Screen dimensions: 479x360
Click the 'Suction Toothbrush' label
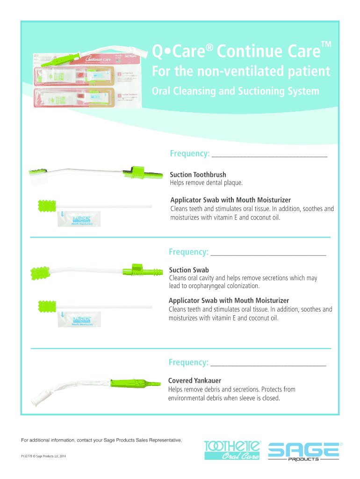pyautogui.click(x=198, y=175)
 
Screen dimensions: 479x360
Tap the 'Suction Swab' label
pyautogui.click(x=189, y=270)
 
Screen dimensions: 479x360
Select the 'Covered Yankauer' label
pyautogui.click(x=194, y=381)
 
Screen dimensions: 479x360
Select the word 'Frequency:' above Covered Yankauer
pyautogui.click(x=188, y=363)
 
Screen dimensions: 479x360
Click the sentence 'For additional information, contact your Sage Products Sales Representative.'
pyautogui.click(x=101, y=440)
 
